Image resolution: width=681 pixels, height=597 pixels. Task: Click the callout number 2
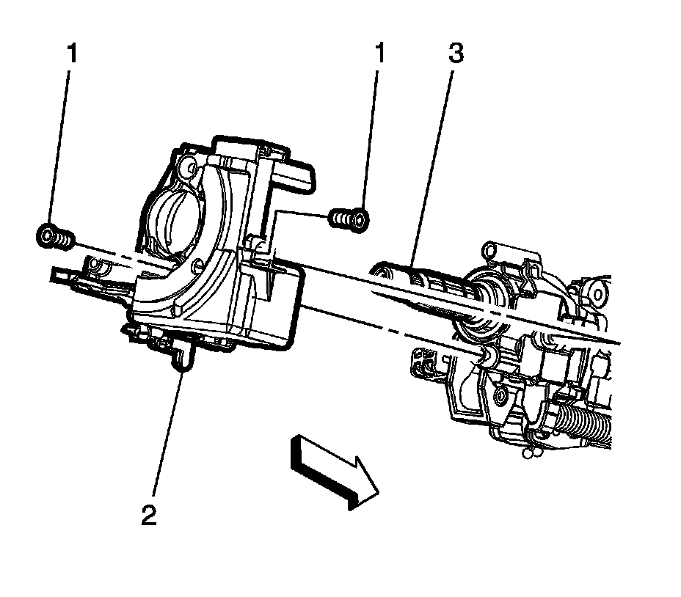click(x=149, y=515)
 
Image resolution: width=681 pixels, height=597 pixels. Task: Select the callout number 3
click(x=455, y=55)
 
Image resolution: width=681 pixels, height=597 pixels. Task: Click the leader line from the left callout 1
click(x=62, y=147)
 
